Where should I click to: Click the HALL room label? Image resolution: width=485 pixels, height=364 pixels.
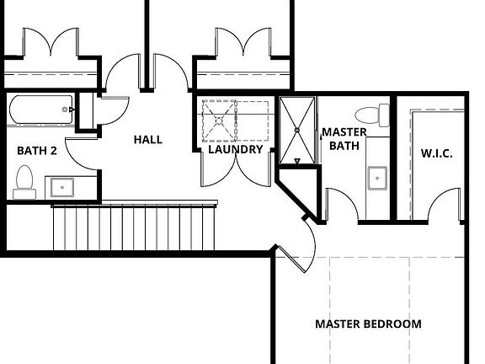tap(148, 140)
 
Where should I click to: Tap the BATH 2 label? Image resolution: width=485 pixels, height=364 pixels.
tap(37, 151)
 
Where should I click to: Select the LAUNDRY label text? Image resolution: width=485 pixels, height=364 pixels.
tap(236, 149)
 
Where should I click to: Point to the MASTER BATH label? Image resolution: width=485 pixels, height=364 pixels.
tap(344, 139)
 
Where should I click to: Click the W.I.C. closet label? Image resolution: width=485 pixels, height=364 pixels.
tap(437, 153)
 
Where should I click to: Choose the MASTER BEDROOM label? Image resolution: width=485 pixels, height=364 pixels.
tap(368, 324)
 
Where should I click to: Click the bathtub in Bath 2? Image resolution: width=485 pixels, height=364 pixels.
tap(40, 110)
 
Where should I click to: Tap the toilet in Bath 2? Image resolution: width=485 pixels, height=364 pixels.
tap(24, 182)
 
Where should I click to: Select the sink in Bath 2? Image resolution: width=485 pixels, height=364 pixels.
tap(62, 188)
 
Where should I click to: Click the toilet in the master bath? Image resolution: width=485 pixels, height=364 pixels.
tap(372, 115)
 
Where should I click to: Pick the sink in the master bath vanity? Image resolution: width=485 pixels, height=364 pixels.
tap(377, 179)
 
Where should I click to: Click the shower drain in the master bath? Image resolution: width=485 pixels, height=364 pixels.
tap(297, 131)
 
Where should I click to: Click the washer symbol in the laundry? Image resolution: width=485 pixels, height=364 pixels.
tap(219, 120)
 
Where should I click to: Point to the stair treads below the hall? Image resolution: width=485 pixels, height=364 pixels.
tap(134, 227)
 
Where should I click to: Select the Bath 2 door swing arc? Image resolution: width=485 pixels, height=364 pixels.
tap(80, 155)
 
